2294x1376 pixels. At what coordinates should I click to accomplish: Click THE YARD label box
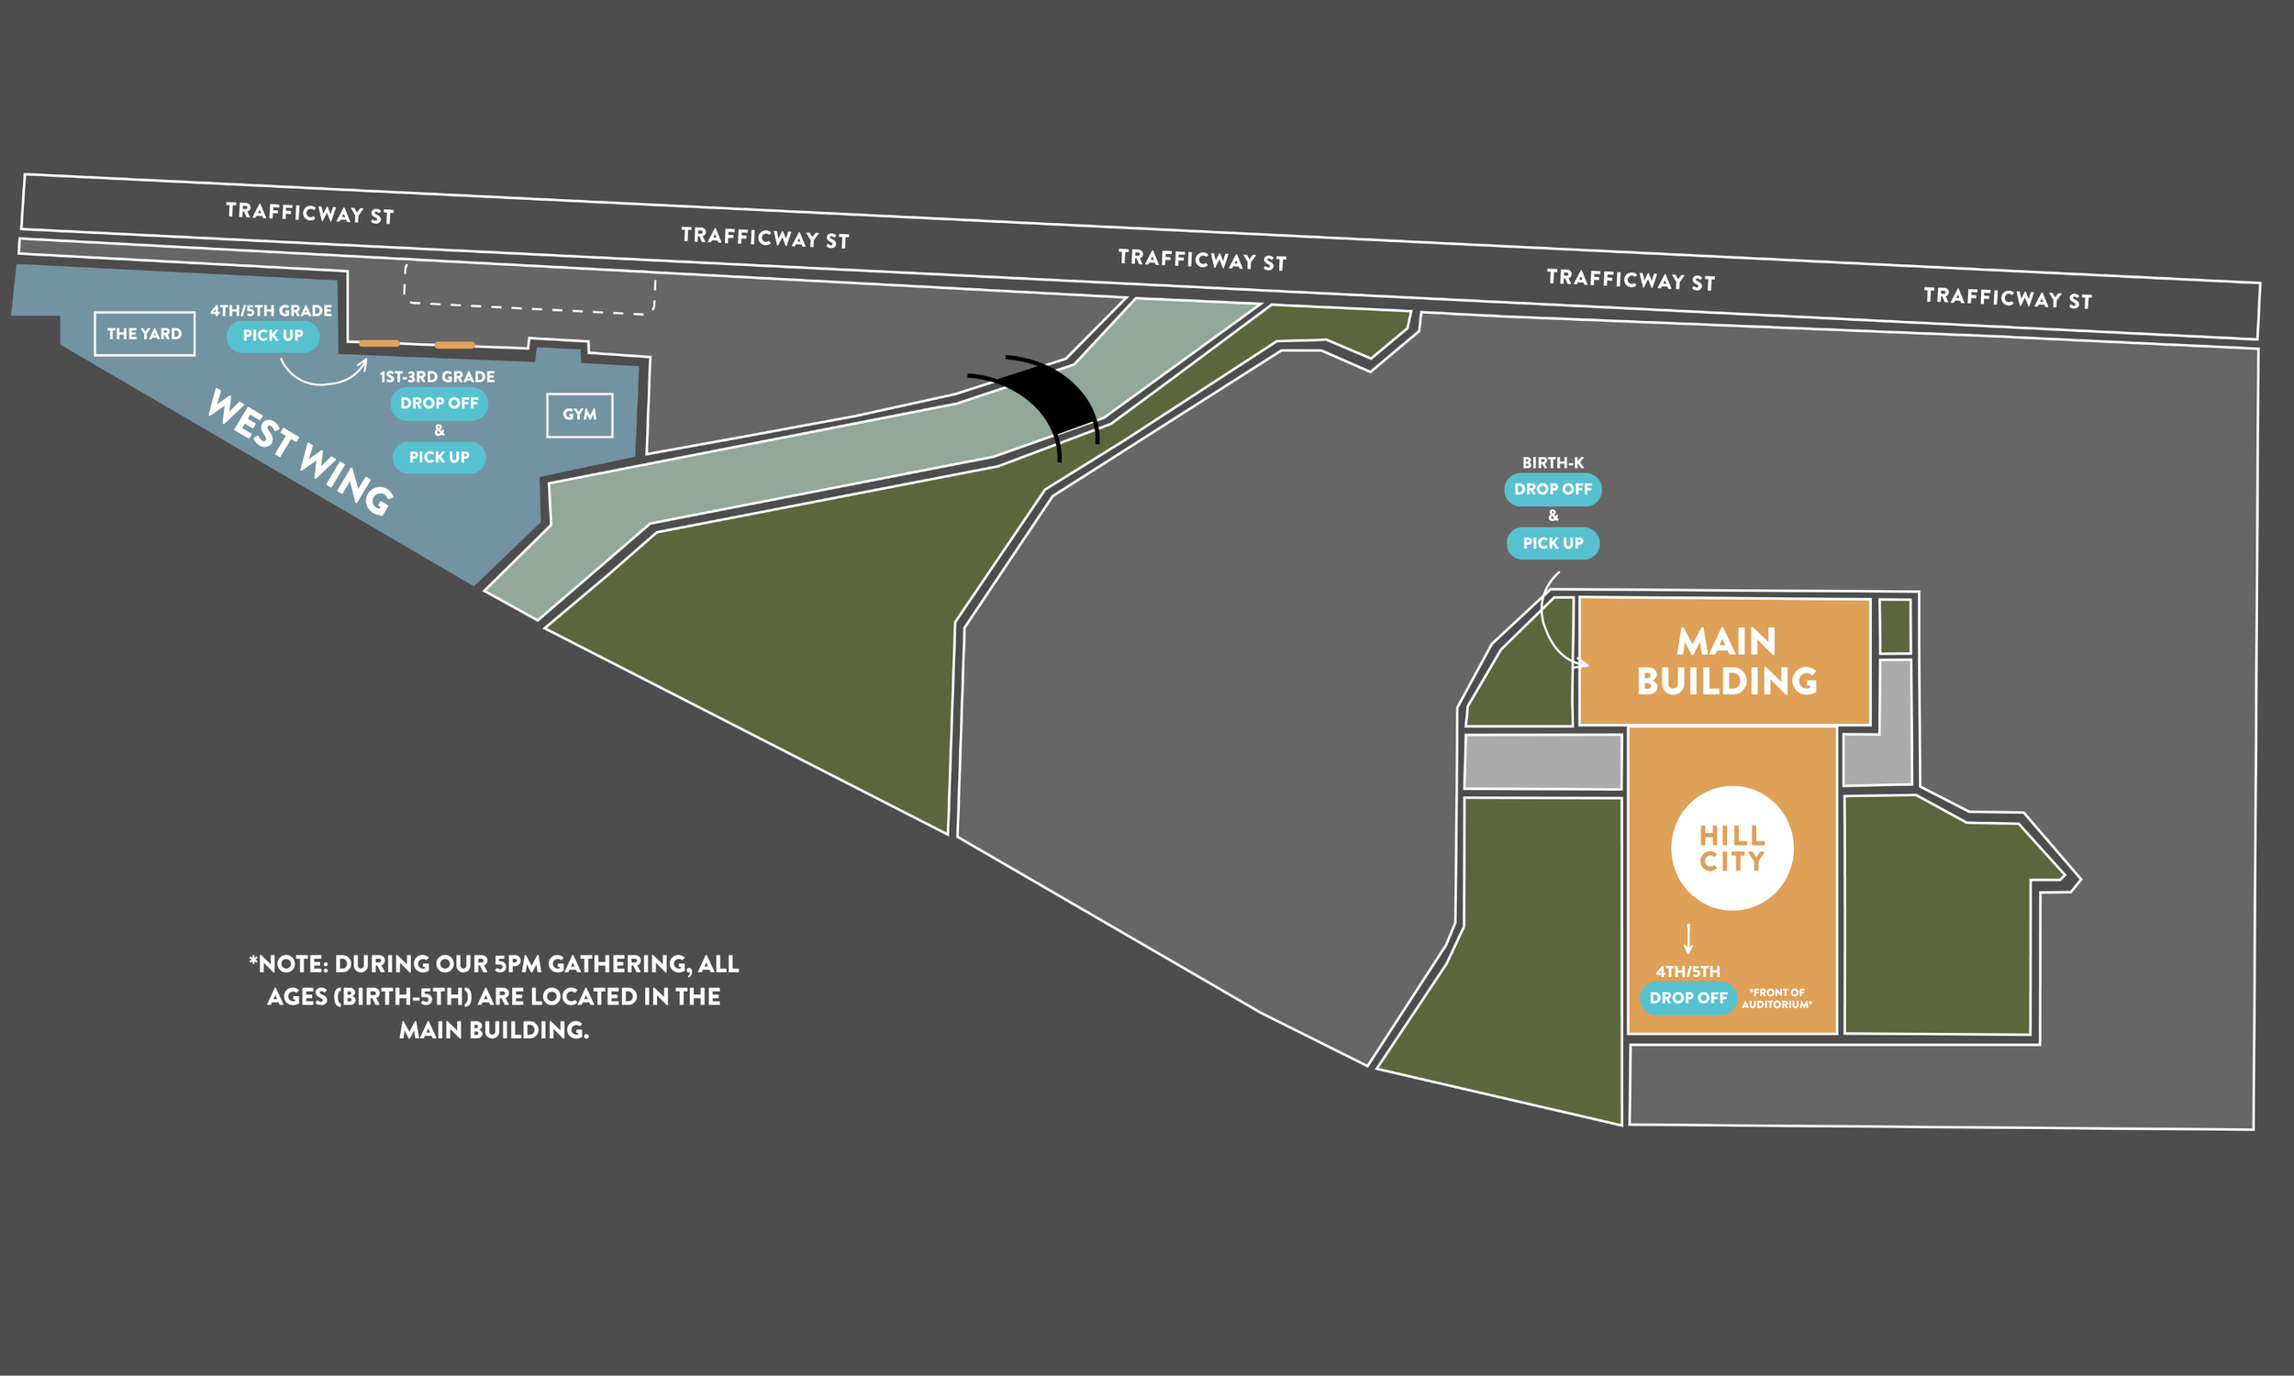pos(145,334)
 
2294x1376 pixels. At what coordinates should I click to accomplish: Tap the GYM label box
pos(580,416)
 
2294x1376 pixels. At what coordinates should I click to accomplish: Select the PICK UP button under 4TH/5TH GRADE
pos(273,336)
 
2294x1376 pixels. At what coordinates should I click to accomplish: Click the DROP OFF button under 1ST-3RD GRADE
pos(439,404)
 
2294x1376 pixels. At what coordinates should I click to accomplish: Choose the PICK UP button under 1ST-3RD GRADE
pos(439,457)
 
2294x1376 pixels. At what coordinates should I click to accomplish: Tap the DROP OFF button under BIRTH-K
pos(1553,490)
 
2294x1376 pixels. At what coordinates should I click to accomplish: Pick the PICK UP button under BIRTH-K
pos(1553,543)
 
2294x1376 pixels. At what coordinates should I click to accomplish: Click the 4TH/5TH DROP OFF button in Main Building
pos(1687,998)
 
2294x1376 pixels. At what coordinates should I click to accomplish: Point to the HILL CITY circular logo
pos(1732,849)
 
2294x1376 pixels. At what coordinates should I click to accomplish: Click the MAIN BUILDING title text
pos(1727,661)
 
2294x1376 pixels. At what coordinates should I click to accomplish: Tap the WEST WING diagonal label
pos(299,451)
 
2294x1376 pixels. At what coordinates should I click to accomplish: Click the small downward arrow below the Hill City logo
pos(1688,938)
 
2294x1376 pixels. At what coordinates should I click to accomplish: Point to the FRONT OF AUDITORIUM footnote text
pos(1776,999)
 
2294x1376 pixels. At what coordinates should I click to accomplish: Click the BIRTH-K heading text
pos(1553,462)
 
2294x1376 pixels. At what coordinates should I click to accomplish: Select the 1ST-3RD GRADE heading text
pos(437,376)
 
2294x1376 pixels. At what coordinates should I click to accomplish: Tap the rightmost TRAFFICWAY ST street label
pos(2008,298)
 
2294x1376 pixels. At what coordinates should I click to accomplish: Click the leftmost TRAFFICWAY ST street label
pos(310,213)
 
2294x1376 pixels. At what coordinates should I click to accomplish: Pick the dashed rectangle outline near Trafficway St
pos(529,288)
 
